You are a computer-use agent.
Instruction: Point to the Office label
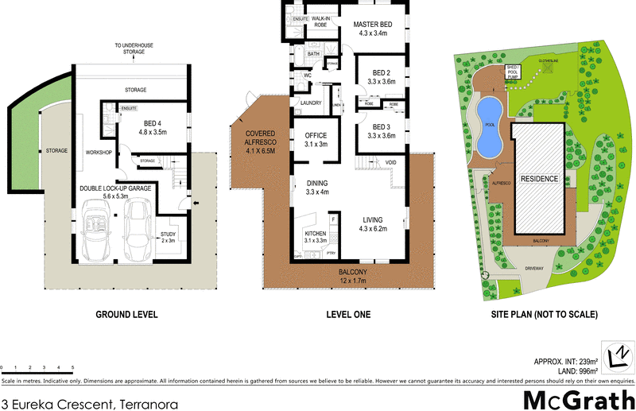(316, 140)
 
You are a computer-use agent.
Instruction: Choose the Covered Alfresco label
(260, 142)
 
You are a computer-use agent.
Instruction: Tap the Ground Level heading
(126, 314)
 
